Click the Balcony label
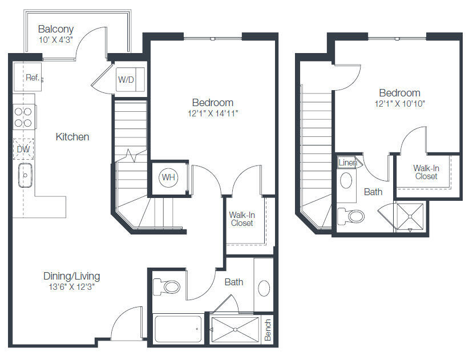(56, 29)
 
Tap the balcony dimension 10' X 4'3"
(56, 40)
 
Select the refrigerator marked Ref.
(27, 77)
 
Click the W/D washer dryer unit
(130, 79)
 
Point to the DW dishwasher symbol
(23, 149)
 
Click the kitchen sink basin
(25, 175)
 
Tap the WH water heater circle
(168, 177)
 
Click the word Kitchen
(72, 137)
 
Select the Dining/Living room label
(72, 276)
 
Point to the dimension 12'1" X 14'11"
(213, 114)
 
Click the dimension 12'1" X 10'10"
(400, 104)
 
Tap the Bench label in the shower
(268, 330)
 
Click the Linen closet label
(347, 163)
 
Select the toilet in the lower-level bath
(167, 286)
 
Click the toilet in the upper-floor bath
(351, 216)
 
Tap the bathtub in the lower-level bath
(178, 329)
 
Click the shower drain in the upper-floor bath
(410, 216)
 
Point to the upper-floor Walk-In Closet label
(426, 172)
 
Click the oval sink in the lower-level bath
(264, 288)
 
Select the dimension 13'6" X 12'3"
(72, 287)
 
